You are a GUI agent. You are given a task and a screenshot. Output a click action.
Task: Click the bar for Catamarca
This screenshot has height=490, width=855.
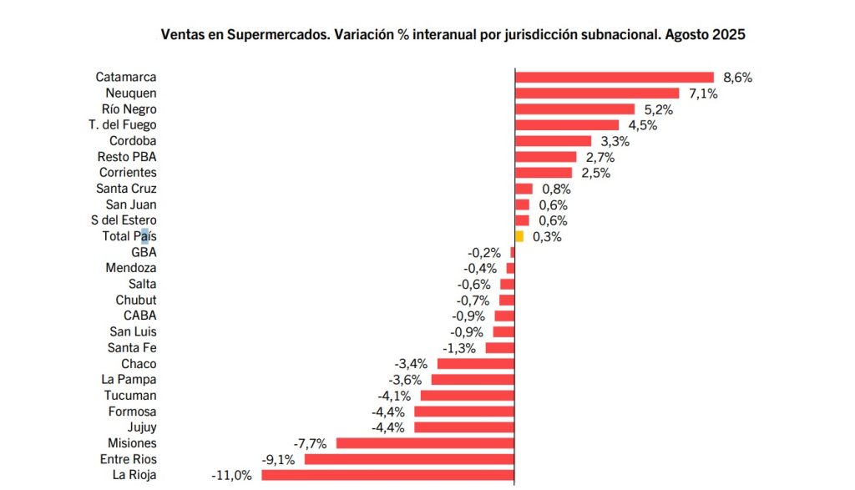tap(615, 78)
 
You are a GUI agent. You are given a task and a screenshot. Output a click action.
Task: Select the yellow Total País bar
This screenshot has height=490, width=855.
tap(519, 236)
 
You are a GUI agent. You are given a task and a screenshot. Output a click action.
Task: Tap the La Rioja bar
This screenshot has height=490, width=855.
tap(388, 475)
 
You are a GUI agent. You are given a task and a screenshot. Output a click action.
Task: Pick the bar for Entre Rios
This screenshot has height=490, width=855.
tap(410, 459)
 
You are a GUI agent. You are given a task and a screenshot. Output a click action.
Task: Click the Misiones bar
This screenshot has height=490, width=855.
tap(426, 443)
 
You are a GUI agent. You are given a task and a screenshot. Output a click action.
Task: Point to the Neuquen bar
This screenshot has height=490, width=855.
tap(597, 93)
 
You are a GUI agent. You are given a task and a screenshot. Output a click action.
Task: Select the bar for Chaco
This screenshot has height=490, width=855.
tap(476, 364)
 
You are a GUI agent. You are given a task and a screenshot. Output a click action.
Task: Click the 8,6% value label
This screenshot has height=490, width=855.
tap(738, 78)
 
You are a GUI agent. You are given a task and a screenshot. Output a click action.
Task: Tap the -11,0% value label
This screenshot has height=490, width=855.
tap(232, 476)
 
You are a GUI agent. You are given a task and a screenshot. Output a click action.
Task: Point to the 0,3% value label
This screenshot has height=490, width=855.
tap(546, 237)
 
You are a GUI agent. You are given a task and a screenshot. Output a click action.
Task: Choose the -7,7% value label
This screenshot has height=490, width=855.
tap(310, 443)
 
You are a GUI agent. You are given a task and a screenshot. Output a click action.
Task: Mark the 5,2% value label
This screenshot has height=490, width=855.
tap(658, 109)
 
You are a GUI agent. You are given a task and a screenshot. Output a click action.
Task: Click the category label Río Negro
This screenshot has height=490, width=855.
tap(129, 109)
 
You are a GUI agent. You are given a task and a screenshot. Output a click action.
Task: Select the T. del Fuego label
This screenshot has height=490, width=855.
tap(123, 125)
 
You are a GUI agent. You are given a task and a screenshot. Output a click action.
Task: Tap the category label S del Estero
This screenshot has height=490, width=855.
tap(124, 220)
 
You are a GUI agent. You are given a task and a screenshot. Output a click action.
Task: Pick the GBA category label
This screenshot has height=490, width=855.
tap(144, 252)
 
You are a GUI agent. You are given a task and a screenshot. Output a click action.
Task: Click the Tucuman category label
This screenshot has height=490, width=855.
tap(130, 396)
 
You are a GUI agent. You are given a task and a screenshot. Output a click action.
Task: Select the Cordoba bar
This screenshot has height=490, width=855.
tap(553, 141)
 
